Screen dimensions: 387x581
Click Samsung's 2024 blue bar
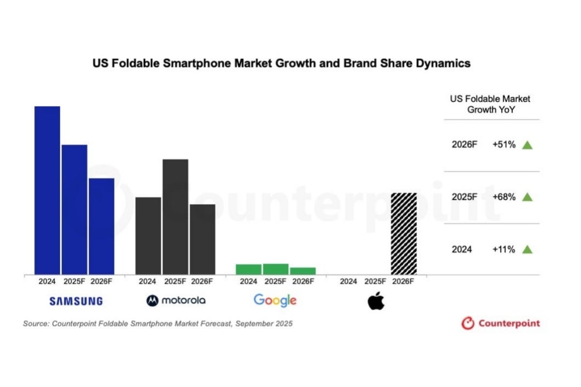47,190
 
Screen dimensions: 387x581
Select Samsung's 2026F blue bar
101,226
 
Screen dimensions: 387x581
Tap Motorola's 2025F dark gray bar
175,216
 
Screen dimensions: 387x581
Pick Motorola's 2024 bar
148,236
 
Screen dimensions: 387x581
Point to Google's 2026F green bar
303,271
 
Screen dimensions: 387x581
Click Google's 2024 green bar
248,269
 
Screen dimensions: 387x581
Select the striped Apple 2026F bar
403,233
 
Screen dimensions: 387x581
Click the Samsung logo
76,301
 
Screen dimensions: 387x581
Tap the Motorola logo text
183,300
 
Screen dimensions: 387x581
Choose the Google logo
275,300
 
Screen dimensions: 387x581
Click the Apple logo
376,301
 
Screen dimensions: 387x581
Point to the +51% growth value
504,145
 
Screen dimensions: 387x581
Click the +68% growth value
504,197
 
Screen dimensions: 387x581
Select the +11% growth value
504,250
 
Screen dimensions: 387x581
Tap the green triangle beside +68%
527,197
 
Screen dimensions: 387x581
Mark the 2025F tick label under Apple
375,281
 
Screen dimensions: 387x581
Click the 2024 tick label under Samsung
47,281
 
